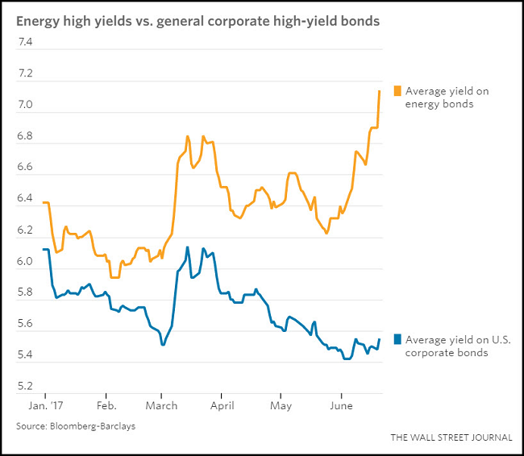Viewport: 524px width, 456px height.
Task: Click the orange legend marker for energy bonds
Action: point(397,90)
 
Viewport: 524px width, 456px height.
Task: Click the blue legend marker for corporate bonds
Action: point(397,339)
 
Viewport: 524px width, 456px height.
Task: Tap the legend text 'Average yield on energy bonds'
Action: point(447,97)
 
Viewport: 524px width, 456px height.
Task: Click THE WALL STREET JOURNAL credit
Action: point(451,437)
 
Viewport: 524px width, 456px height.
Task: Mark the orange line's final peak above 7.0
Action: point(380,91)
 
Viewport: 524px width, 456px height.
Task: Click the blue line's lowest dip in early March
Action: point(163,345)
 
